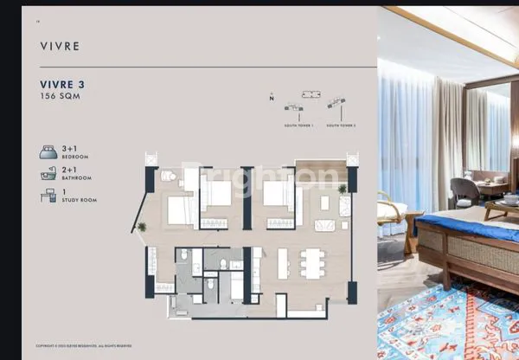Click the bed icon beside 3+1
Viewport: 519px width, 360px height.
tap(48, 152)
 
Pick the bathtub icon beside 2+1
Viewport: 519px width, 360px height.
tap(48, 174)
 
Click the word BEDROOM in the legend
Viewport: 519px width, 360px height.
tap(75, 157)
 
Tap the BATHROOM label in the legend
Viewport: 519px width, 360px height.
tap(77, 178)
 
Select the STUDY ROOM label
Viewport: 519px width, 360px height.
tap(79, 200)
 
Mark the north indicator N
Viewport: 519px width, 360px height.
tap(272, 99)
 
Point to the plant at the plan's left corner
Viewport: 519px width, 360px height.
tap(143, 226)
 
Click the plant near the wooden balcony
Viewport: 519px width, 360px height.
tap(343, 188)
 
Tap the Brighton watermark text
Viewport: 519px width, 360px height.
tap(259, 177)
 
